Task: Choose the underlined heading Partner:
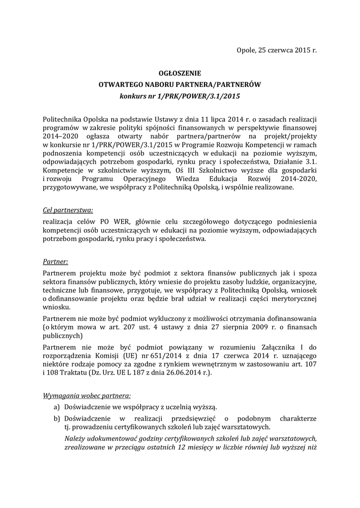pyautogui.click(x=56, y=261)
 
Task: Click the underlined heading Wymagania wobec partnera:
pyautogui.click(x=87, y=396)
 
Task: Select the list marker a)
pyautogui.click(x=57, y=407)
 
